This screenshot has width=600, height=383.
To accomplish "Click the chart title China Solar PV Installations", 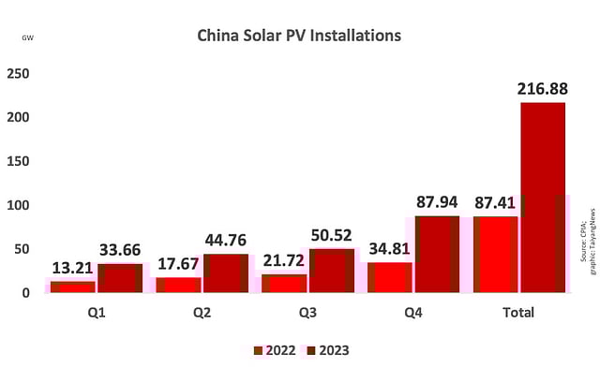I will pyautogui.click(x=299, y=37).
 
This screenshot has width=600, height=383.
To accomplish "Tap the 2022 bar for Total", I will pyautogui.click(x=495, y=254).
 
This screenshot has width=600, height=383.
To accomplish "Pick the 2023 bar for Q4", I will pyautogui.click(x=437, y=254).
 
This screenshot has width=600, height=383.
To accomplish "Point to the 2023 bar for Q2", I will pyautogui.click(x=226, y=273).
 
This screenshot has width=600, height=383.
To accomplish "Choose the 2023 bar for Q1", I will pyautogui.click(x=120, y=277).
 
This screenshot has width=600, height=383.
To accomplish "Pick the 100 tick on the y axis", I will pyautogui.click(x=19, y=205).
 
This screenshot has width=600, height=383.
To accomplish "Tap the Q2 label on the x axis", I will pyautogui.click(x=202, y=312).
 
